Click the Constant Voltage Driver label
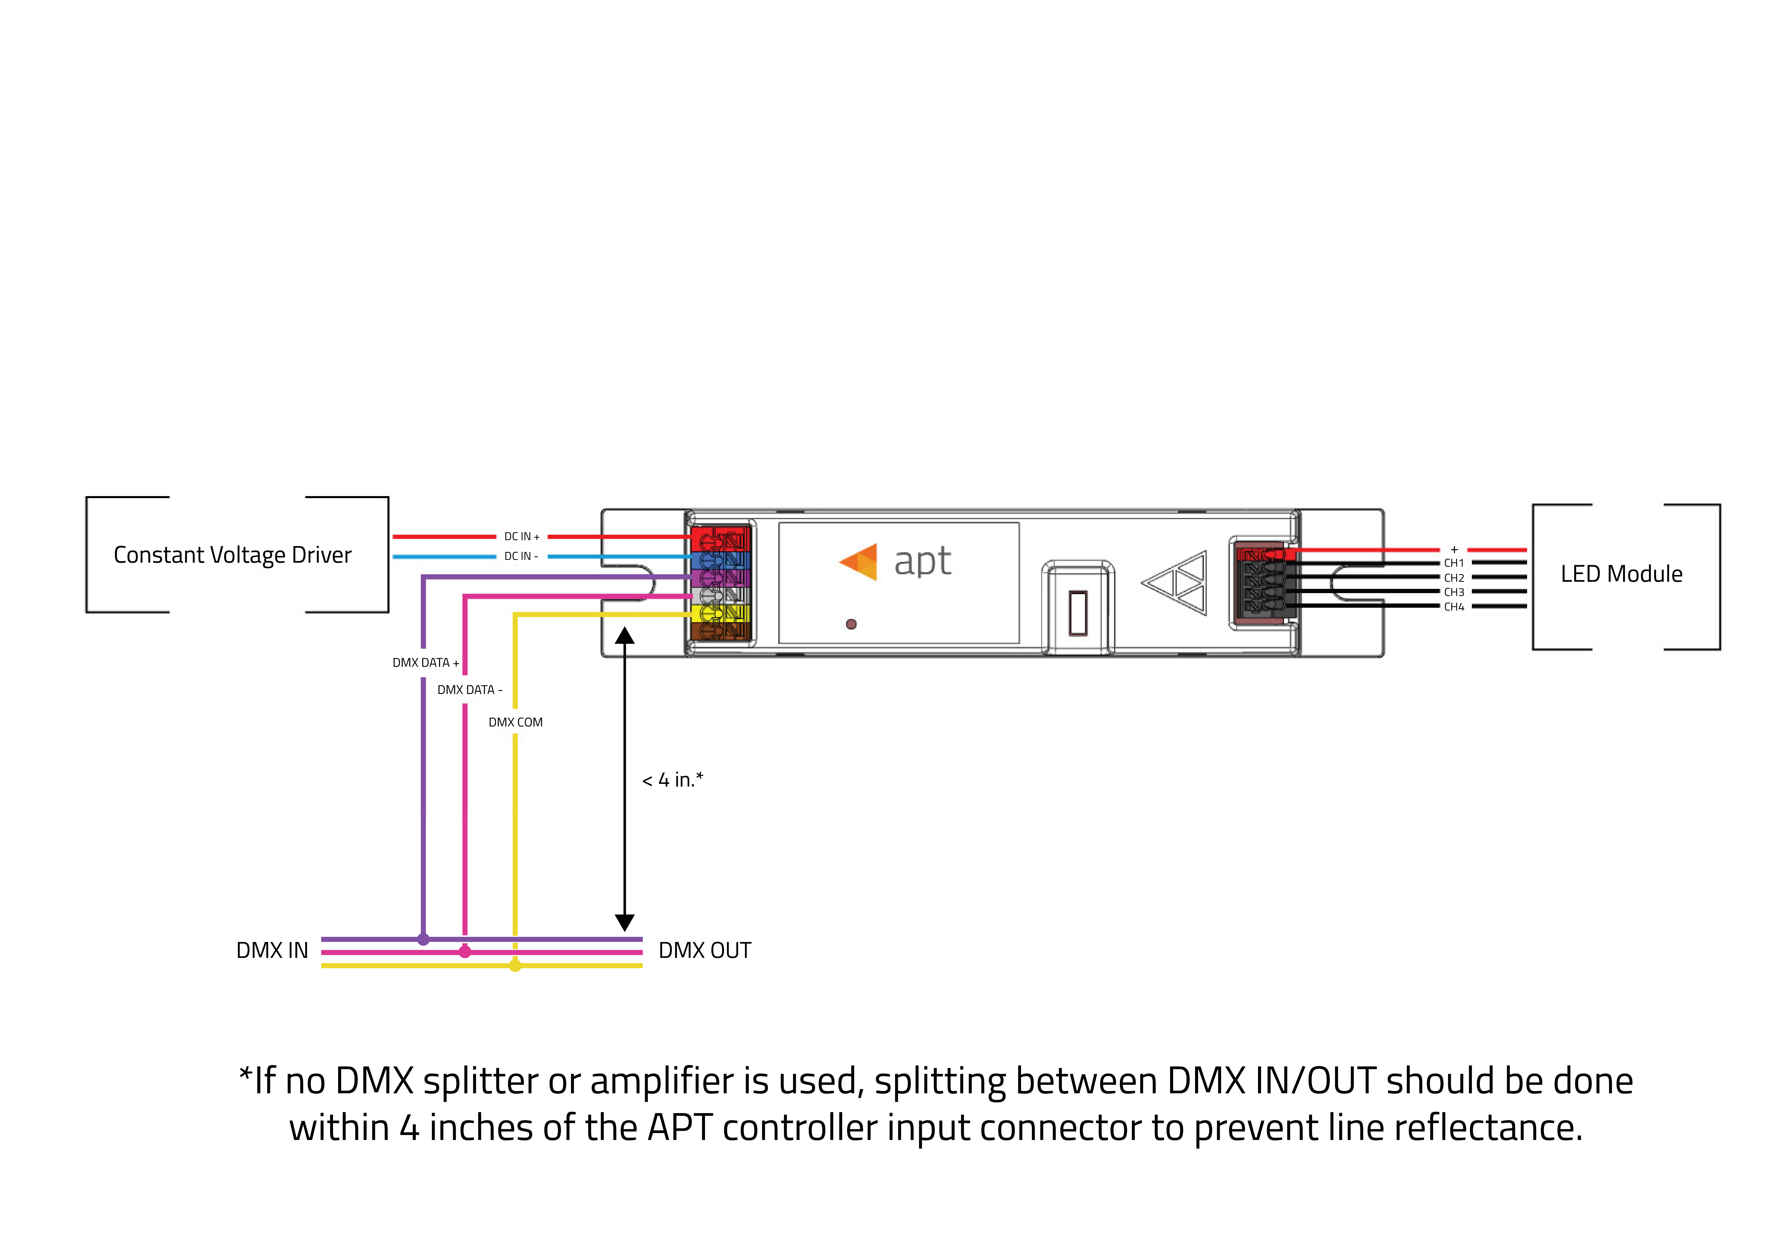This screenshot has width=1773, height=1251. coord(233,555)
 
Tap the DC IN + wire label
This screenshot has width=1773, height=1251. coord(522,536)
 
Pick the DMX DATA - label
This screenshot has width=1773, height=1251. coord(469,690)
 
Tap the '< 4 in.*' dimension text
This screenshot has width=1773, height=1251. coord(673,780)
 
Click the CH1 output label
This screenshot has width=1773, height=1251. coord(1454,563)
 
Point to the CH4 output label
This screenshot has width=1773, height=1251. coord(1454,607)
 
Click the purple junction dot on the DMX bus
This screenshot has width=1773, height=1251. coord(423,939)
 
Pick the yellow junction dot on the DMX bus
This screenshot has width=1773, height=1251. coord(515,965)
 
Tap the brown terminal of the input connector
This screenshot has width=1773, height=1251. coord(720,632)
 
